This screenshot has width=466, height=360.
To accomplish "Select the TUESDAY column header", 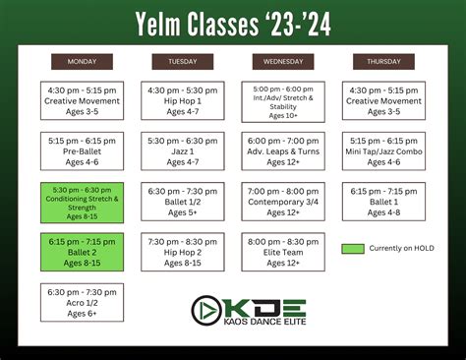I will coord(182,61).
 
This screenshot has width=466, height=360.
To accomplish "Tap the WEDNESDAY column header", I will coord(283,61).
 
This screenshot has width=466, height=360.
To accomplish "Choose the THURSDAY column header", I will coord(384,61).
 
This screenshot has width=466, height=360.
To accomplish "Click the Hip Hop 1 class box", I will coord(182,100).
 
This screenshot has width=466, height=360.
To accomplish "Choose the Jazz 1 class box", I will coord(182,150).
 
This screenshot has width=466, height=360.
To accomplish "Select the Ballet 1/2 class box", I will coord(182,201).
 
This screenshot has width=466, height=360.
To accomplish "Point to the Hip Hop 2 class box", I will coord(182,252).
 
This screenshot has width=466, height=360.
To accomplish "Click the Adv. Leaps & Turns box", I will coord(283,150).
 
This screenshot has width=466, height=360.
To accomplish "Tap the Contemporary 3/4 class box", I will coord(283,201).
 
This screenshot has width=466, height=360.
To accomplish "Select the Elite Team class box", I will coord(283,252).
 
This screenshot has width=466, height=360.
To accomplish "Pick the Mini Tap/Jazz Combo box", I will coord(384,150).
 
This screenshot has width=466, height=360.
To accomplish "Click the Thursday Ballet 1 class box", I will coord(384,201).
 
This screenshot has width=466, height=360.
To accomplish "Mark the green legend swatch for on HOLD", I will coord(352,248).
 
